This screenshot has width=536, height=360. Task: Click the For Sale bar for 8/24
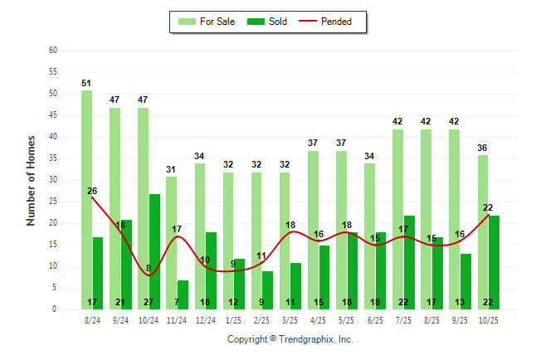pyautogui.click(x=86, y=199)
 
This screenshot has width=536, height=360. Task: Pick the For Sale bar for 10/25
pyautogui.click(x=483, y=232)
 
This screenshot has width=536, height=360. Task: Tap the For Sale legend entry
pyautogui.click(x=207, y=22)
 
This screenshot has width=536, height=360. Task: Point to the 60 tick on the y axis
pyautogui.click(x=53, y=51)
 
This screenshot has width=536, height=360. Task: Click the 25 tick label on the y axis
pyautogui.click(x=53, y=202)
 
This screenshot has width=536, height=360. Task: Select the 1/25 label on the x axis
pyautogui.click(x=234, y=320)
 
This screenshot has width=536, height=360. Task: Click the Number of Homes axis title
pyautogui.click(x=31, y=180)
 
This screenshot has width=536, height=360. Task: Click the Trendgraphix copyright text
pyautogui.click(x=290, y=339)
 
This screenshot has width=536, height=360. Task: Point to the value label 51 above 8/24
pyautogui.click(x=86, y=83)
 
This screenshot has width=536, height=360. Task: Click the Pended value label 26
pyautogui.click(x=92, y=191)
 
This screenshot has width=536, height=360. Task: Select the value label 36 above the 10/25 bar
pyautogui.click(x=483, y=148)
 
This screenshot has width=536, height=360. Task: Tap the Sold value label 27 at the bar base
pyautogui.click(x=154, y=302)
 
